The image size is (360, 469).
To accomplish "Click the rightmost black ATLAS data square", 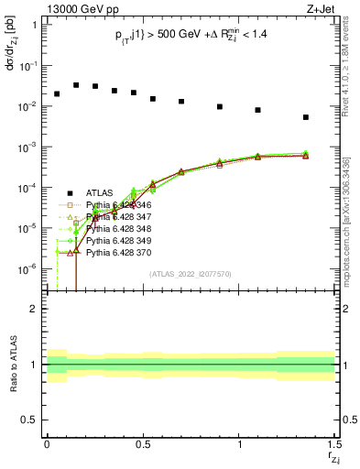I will pyautogui.click(x=306, y=117).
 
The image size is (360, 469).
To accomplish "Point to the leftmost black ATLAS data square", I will pyautogui.click(x=57, y=93).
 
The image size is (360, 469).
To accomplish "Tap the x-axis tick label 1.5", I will pyautogui.click(x=333, y=443).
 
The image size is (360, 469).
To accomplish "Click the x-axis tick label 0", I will pyautogui.click(x=47, y=443).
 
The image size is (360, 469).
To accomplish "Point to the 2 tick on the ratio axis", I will pyautogui.click(x=33, y=309).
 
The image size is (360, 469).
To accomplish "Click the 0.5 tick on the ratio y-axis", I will pyautogui.click(x=29, y=420).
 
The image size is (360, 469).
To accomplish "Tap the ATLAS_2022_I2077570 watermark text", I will pyautogui.click(x=190, y=273).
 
